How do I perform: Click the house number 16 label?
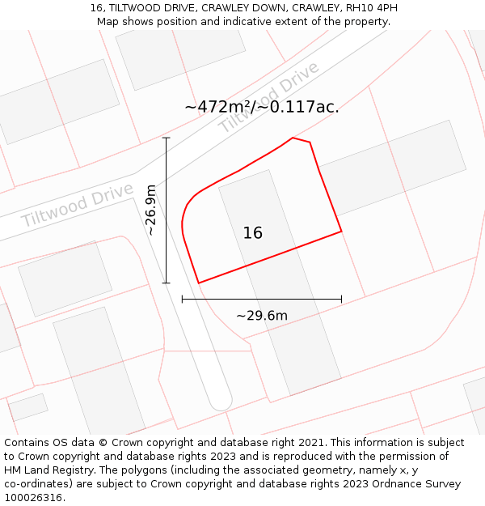click(253, 233)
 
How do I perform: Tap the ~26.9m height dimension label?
click(150, 210)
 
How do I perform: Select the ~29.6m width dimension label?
click(261, 316)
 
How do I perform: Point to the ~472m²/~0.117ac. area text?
click(262, 107)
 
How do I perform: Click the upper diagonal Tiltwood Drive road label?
click(269, 98)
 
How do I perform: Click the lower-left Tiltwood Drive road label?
click(77, 205)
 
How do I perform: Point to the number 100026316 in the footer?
click(33, 498)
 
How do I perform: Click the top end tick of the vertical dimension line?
click(167, 138)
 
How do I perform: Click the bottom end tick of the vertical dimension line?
click(167, 283)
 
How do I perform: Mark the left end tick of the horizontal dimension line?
click(182, 300)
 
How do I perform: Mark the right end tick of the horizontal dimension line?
click(341, 300)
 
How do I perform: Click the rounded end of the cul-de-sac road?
click(221, 402)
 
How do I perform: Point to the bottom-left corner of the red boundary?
click(198, 283)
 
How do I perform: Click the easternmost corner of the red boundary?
click(341, 232)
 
